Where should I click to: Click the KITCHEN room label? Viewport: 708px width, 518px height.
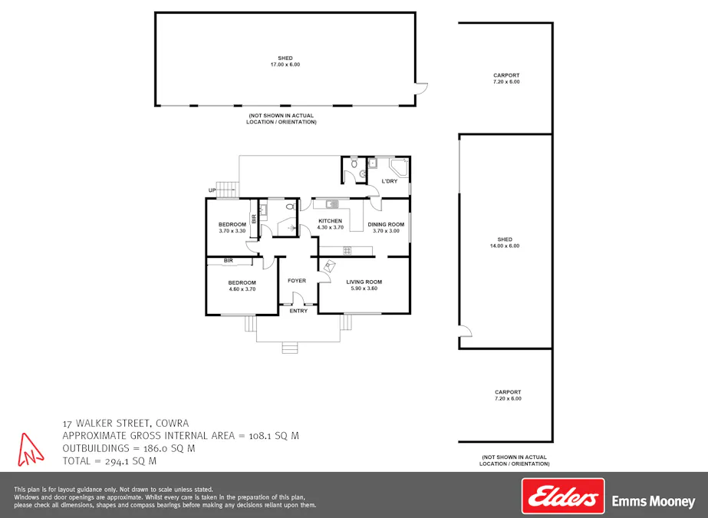click(x=331, y=221)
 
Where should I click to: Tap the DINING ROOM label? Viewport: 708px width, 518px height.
click(x=386, y=224)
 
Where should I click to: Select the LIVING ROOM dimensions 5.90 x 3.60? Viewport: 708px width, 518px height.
click(x=364, y=289)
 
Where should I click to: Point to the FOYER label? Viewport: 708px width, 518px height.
click(x=297, y=281)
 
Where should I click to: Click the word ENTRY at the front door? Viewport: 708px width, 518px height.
click(x=298, y=311)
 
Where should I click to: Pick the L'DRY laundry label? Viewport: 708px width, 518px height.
click(x=389, y=181)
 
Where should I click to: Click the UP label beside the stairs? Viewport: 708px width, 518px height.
click(x=212, y=190)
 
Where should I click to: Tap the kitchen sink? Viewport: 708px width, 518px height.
click(x=331, y=204)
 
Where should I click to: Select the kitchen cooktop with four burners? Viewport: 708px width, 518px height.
click(x=347, y=250)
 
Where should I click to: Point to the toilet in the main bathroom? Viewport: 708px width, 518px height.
click(x=291, y=206)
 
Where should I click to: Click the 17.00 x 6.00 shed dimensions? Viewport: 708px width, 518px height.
click(x=285, y=64)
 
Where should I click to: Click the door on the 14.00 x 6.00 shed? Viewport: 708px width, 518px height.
click(x=465, y=331)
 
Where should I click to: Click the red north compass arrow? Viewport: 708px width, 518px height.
click(x=29, y=449)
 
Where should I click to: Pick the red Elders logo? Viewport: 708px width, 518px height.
click(x=562, y=497)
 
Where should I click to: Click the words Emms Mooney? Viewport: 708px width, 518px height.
click(x=653, y=502)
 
